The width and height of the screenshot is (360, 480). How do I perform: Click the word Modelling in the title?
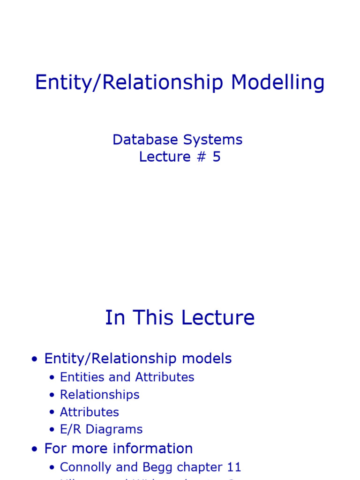point(277,83)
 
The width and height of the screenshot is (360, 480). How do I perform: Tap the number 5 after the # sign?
point(216,157)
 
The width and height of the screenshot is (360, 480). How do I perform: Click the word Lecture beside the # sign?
point(165,157)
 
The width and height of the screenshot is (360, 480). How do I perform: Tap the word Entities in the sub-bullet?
point(80,377)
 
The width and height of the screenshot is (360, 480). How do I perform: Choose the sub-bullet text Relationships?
point(100,395)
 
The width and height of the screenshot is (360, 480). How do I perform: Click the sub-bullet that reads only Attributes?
point(90,412)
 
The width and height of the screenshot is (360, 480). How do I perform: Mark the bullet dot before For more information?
point(34,450)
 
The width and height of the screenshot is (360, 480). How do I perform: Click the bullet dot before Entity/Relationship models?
point(34,360)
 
